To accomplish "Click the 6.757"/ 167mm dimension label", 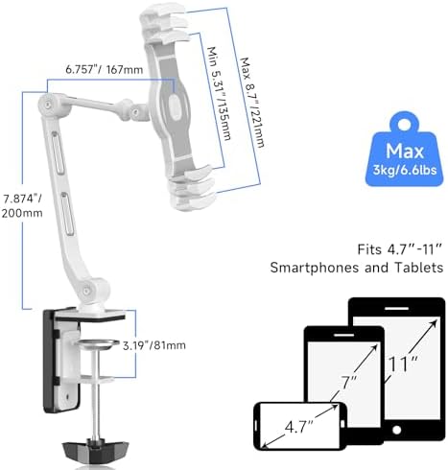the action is click(x=105, y=69).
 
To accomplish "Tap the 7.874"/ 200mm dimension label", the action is click(x=22, y=205).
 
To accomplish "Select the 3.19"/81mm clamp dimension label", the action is click(x=154, y=345).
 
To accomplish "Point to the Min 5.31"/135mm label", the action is click(x=219, y=93).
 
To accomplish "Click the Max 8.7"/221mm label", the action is click(x=252, y=103).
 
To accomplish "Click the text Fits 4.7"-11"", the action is click(x=400, y=249).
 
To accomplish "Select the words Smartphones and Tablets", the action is click(x=357, y=268).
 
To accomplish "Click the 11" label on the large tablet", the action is click(x=403, y=364).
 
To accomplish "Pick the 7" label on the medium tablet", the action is click(x=348, y=383).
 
